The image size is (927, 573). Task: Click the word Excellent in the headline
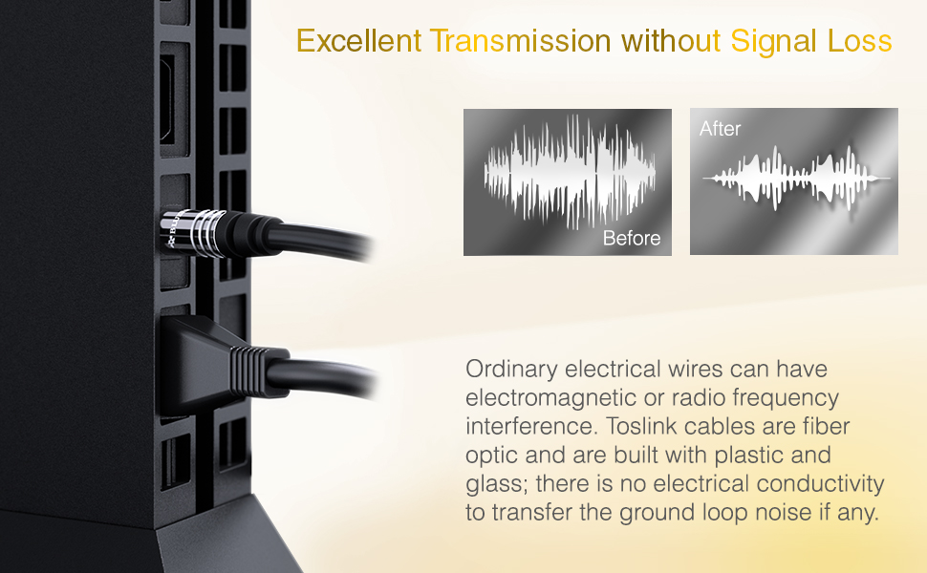click(358, 41)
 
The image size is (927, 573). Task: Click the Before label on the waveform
click(632, 238)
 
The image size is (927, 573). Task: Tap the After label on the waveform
click(720, 129)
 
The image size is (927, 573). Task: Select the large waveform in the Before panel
click(570, 173)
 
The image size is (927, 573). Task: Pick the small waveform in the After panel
click(796, 179)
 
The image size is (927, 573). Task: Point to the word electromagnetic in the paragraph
click(549, 397)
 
